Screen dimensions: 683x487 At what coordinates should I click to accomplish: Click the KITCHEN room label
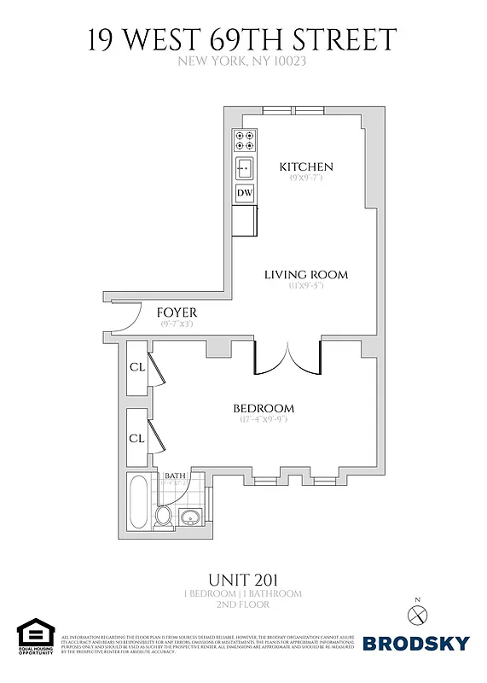[x=306, y=166]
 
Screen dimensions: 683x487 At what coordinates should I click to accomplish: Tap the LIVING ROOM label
[x=305, y=274]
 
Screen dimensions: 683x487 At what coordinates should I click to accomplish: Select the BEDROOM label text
[x=264, y=408]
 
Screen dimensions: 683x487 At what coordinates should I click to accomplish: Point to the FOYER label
[x=177, y=313]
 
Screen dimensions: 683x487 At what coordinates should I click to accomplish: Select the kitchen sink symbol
[x=245, y=167]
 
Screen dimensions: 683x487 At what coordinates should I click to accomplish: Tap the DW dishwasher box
[x=245, y=194]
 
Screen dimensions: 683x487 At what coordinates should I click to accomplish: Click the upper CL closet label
[x=136, y=367]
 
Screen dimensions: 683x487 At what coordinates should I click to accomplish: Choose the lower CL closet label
[x=136, y=437]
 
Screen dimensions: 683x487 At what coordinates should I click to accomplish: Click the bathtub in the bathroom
[x=138, y=504]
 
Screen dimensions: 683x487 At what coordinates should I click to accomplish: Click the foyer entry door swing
[x=124, y=318]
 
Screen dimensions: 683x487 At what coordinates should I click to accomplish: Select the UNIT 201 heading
[x=243, y=578]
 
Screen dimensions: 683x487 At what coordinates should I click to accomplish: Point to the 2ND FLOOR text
[x=243, y=604]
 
